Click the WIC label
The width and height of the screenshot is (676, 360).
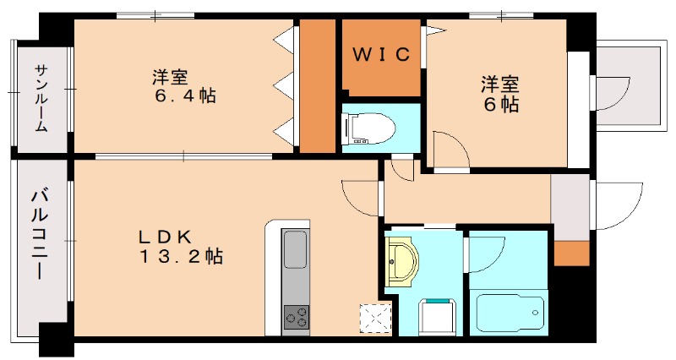coord(381,54)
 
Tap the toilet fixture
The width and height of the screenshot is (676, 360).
coord(368,128)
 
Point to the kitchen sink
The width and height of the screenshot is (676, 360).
coord(296,249)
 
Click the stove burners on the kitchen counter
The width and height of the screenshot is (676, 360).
coord(297,317)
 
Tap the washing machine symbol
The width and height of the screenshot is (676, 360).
coord(438,317)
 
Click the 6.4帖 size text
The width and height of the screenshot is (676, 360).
coord(185,95)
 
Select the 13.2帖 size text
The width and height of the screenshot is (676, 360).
coord(181,257)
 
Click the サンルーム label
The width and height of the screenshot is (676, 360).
coord(41,98)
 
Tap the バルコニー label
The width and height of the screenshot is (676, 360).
coord(39,235)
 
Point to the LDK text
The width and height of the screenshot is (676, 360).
coord(165,237)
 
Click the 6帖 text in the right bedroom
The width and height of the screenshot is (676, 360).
coord(500,105)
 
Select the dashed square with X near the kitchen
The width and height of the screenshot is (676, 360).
coord(375,319)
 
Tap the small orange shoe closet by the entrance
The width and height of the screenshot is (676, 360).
coord(571,253)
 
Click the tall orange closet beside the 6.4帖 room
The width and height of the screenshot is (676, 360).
coord(318,85)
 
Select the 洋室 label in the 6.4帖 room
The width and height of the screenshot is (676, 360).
coord(170,78)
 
